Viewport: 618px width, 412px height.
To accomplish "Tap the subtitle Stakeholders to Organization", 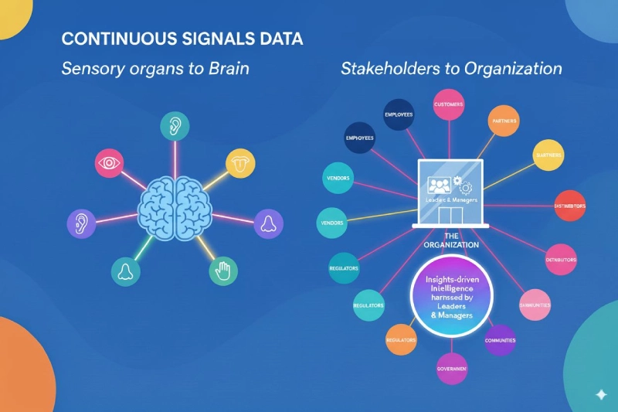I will pyautogui.click(x=450, y=68).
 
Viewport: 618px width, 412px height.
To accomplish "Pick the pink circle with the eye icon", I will pyautogui.click(x=110, y=164).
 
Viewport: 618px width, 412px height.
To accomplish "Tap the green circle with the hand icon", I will pyautogui.click(x=224, y=271).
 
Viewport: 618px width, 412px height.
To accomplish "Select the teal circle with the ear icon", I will pyautogui.click(x=175, y=127).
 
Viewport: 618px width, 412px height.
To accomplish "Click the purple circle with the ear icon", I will pyautogui.click(x=81, y=223).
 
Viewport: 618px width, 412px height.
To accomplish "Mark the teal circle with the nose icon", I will pyautogui.click(x=124, y=271).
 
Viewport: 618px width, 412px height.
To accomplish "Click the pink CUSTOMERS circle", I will pyautogui.click(x=448, y=104).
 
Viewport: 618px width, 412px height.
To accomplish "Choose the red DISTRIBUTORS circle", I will pyautogui.click(x=569, y=206).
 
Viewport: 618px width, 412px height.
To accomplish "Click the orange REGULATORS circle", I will pyautogui.click(x=402, y=339).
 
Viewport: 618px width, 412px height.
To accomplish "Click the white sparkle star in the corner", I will pyautogui.click(x=600, y=394).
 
